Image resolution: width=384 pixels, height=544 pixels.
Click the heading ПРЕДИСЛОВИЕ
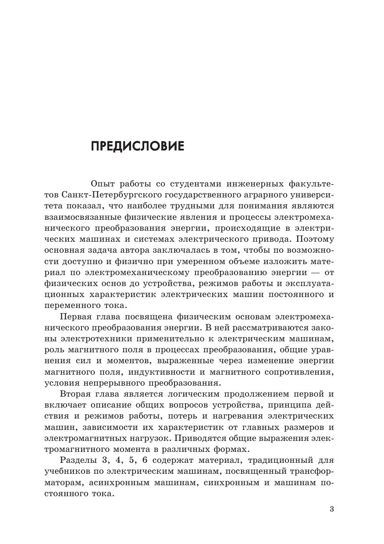pyautogui.click(x=138, y=146)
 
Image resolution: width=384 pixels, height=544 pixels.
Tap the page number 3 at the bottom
pyautogui.click(x=331, y=509)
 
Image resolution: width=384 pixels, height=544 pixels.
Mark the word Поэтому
pyautogui.click(x=315, y=240)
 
